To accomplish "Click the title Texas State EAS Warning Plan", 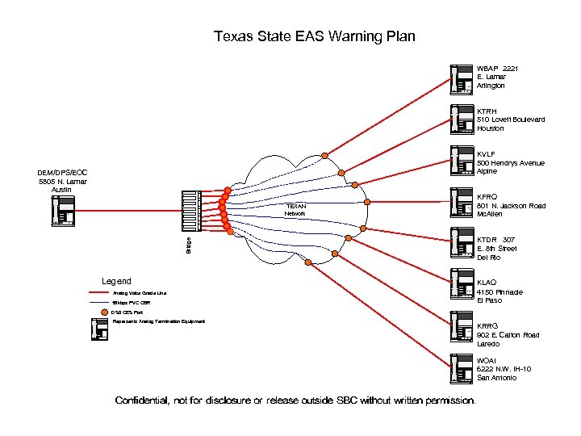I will pos(314,36).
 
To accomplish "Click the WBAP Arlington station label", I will pos(495,77).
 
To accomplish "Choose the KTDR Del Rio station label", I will pos(496,249).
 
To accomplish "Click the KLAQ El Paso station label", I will pos(499,291).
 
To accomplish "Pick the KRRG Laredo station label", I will pos(508,334).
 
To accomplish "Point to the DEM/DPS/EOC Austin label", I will pos(62,181).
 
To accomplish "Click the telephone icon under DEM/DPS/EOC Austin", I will pos(62,210).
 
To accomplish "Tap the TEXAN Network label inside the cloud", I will pos(295,210).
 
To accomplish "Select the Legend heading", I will pos(116,281).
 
